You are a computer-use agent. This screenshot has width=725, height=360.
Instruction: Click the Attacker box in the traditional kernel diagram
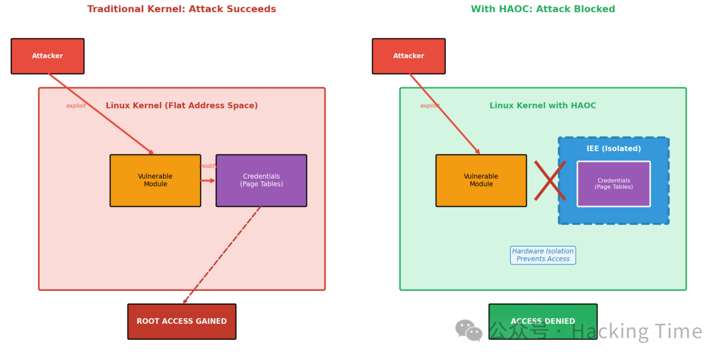[48, 56]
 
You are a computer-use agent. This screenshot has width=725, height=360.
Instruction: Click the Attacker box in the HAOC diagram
[409, 56]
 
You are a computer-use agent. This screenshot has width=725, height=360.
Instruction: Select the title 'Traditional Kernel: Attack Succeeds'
[181, 9]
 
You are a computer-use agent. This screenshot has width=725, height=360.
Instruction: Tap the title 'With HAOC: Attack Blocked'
[542, 9]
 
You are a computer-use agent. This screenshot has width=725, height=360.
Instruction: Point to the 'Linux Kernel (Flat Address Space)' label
[181, 106]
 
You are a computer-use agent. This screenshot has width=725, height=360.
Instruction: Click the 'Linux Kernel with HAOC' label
[542, 106]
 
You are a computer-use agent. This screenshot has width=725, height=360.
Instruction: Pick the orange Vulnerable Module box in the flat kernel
[155, 181]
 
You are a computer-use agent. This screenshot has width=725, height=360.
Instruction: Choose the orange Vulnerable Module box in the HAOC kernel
[481, 181]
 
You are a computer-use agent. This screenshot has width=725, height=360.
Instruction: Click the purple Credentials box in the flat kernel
[261, 181]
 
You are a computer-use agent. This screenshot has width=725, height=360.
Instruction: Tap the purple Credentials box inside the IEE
[614, 184]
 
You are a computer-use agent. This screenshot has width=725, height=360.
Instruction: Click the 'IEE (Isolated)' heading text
[614, 149]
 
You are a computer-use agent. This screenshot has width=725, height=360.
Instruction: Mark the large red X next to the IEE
[550, 181]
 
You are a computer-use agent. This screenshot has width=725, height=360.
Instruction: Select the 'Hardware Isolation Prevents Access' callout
[542, 255]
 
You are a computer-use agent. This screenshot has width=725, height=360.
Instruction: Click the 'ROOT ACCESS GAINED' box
[181, 322]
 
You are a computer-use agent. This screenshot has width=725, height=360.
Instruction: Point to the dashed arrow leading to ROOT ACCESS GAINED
[222, 255]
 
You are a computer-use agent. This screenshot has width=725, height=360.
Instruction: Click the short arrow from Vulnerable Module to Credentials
[208, 181]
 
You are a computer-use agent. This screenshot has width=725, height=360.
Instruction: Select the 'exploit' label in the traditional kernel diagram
[76, 106]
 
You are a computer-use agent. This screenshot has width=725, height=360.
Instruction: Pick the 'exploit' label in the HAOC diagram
[430, 106]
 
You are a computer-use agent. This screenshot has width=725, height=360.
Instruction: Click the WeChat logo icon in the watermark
[469, 330]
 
